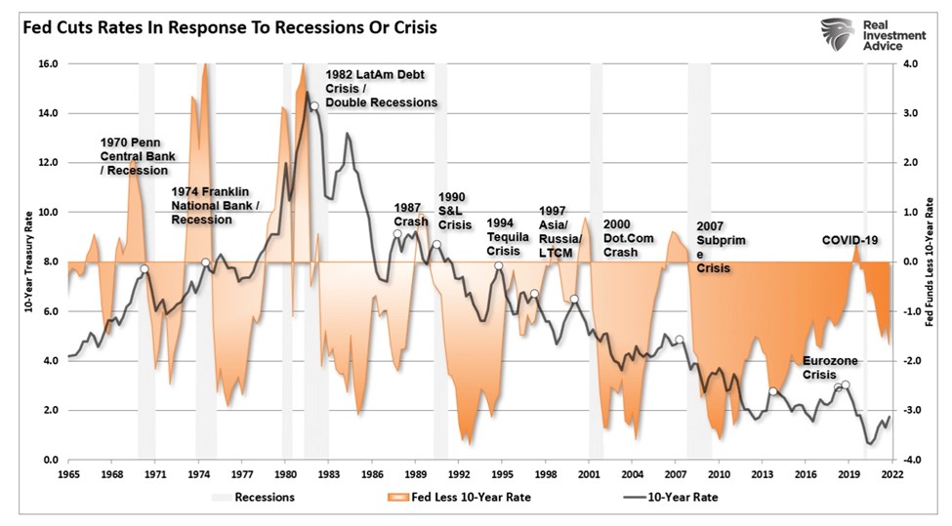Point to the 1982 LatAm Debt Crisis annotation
click(x=381, y=89)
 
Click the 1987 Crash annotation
click(x=410, y=215)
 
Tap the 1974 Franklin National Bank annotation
click(x=215, y=206)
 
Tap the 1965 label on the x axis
click(x=67, y=475)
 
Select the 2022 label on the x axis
click(x=890, y=475)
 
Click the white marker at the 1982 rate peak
click(x=313, y=105)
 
